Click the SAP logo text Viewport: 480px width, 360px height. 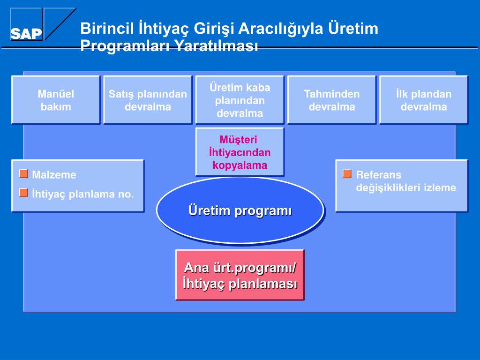[26, 34]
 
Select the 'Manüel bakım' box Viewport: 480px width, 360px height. [56, 100]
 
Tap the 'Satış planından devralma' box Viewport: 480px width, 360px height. [148, 100]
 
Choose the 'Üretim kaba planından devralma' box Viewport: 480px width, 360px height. [240, 100]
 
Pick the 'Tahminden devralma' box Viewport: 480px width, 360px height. [332, 100]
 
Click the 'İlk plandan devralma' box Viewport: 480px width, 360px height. [424, 100]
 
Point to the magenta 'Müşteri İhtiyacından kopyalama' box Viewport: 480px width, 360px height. [240, 152]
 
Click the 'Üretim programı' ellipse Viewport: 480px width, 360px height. [240, 210]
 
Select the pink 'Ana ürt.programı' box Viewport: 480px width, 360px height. [240, 275]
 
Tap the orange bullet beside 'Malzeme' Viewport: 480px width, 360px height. [23, 173]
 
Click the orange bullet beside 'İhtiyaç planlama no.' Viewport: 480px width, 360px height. [23, 193]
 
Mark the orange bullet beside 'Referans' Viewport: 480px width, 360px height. [347, 173]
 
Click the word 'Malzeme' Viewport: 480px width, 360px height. [54, 175]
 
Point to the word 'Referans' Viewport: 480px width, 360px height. [379, 175]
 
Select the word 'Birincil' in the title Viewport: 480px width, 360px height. [107, 28]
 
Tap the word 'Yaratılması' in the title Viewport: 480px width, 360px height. [216, 45]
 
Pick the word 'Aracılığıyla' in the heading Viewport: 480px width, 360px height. [281, 29]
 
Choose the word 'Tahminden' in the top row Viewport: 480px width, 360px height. [332, 94]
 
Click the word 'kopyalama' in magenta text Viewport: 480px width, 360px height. [240, 165]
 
